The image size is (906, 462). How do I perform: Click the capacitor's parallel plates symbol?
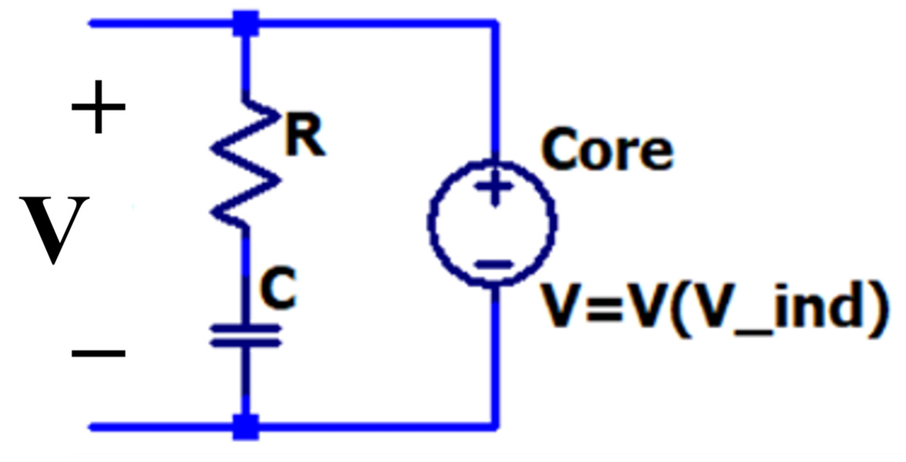[x=246, y=336]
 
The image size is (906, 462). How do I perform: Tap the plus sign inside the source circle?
[x=494, y=187]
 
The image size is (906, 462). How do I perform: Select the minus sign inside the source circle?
[x=494, y=264]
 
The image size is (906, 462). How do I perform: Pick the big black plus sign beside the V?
[x=99, y=107]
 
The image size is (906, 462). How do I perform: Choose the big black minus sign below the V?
[x=99, y=353]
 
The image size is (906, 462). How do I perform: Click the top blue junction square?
[x=246, y=24]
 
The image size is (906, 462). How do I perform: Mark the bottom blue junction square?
[x=246, y=427]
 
